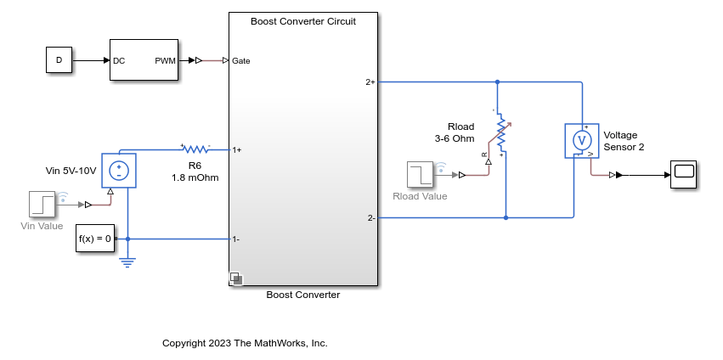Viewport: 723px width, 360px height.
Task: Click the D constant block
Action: [59, 60]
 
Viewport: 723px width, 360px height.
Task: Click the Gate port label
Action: [240, 61]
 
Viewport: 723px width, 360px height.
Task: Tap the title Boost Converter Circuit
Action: [303, 21]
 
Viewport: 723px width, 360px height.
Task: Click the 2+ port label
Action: [370, 82]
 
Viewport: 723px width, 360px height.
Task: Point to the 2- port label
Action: [371, 218]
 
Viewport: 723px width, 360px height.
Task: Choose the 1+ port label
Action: [237, 150]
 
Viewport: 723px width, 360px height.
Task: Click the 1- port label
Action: [236, 239]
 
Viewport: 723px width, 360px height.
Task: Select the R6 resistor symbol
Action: [195, 149]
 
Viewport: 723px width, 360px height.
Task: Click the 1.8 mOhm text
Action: [195, 178]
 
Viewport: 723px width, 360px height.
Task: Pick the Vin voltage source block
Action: [119, 171]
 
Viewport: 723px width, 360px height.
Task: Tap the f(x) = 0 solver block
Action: [94, 239]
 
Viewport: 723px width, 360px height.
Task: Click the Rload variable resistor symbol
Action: [500, 133]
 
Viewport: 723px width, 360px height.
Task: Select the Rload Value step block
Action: [420, 175]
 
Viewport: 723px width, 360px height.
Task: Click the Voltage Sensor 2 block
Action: [581, 141]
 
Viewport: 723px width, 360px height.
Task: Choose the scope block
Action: [683, 175]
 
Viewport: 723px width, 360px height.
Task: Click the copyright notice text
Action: [245, 343]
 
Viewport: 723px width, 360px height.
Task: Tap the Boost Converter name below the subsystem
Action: [303, 295]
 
